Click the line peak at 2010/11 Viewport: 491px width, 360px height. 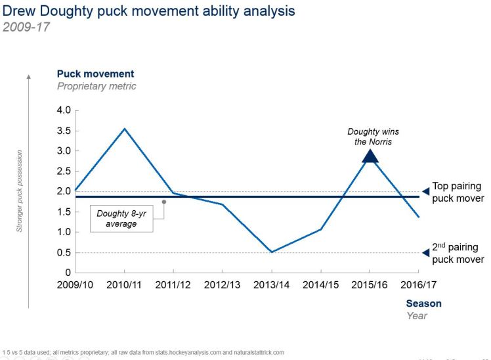pyautogui.click(x=125, y=129)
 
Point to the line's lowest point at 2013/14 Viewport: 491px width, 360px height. pyautogui.click(x=272, y=252)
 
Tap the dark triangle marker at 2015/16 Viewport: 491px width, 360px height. pyautogui.click(x=370, y=156)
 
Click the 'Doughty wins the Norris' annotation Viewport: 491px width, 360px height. pyautogui.click(x=373, y=137)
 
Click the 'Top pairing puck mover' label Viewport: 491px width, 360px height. pyautogui.click(x=458, y=192)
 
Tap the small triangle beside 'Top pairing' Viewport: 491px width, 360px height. pyautogui.click(x=425, y=191)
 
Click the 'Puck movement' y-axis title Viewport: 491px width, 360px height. pyautogui.click(x=95, y=74)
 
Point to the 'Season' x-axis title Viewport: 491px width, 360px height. pyautogui.click(x=423, y=304)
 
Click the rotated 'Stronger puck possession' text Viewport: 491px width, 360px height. pyautogui.click(x=19, y=191)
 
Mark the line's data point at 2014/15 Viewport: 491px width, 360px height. pyautogui.click(x=321, y=229)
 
